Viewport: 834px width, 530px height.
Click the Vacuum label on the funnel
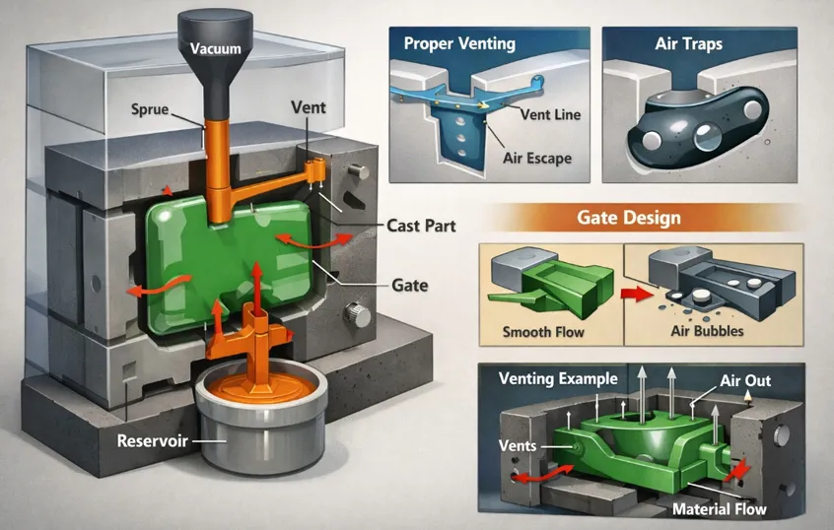(x=213, y=48)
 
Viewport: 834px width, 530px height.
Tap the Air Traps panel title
(x=690, y=44)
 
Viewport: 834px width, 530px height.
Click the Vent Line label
(x=552, y=114)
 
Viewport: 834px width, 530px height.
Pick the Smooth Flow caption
(x=543, y=331)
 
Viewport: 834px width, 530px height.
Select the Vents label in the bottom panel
(x=518, y=445)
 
